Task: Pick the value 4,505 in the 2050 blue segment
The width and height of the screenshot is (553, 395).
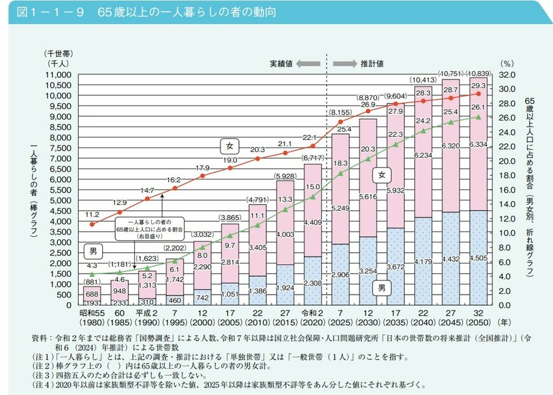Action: [478, 258]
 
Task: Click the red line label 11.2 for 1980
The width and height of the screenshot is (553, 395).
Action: [92, 215]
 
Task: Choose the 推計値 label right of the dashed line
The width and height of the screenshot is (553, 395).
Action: [372, 64]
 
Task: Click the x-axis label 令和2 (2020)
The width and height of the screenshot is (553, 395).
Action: [313, 314]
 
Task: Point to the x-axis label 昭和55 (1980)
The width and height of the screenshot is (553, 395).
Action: [92, 314]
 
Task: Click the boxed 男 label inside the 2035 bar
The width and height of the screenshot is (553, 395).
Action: [382, 288]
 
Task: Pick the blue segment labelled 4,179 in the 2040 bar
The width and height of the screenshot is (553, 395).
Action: [423, 262]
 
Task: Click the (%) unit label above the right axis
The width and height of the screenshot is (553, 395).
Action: [506, 64]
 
